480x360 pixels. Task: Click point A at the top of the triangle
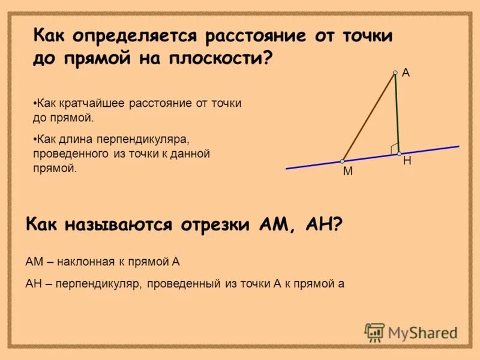[x=395, y=73]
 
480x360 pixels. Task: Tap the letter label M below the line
[x=347, y=172]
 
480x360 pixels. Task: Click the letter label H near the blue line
[x=407, y=161]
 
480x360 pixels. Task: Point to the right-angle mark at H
[x=394, y=148]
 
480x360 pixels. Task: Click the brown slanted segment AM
[x=368, y=118]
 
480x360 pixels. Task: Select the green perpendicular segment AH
[x=397, y=114]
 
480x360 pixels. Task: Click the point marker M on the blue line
[x=342, y=161]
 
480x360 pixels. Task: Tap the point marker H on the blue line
[x=399, y=154]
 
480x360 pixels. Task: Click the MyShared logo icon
[x=374, y=332]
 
